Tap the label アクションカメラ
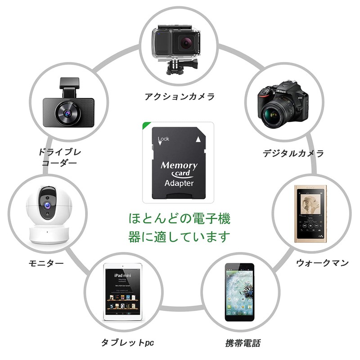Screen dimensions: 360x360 coord(180,96)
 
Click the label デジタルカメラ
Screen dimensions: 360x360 coord(293,153)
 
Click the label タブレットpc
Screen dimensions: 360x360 coord(128,343)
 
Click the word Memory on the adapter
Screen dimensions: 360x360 coord(179,165)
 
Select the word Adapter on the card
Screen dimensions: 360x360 coord(179,183)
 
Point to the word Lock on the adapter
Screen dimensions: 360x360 coord(163,139)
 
